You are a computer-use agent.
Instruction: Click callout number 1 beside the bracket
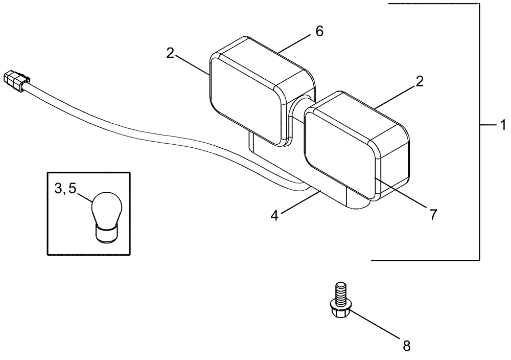(x=502, y=124)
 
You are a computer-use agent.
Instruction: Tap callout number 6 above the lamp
(x=319, y=31)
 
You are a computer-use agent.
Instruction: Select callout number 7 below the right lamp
(x=433, y=215)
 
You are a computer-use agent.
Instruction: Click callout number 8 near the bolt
(x=406, y=346)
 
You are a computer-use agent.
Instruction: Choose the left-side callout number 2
(x=170, y=53)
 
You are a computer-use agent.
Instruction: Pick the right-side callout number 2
(x=419, y=81)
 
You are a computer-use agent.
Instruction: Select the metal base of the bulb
(x=107, y=233)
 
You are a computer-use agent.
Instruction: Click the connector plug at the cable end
(x=15, y=81)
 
